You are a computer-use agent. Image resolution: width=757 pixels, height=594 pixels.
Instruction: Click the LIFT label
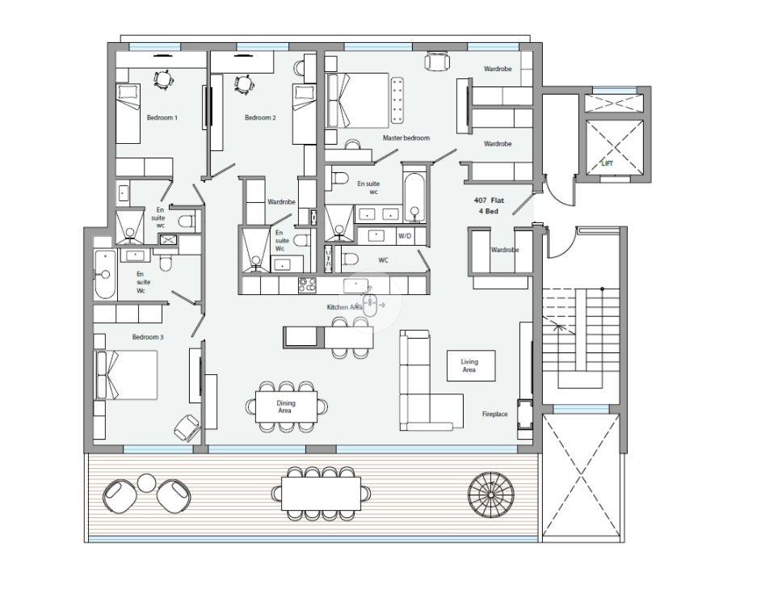(x=608, y=163)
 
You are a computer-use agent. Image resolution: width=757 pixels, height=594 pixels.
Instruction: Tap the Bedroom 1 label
(x=162, y=117)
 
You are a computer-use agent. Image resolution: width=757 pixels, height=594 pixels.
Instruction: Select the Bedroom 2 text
(x=260, y=117)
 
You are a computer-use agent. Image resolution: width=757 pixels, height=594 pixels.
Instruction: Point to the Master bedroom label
(x=406, y=137)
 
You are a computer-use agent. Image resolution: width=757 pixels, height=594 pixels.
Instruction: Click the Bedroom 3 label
(x=148, y=336)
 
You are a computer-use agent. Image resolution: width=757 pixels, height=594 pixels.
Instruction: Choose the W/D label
(x=405, y=236)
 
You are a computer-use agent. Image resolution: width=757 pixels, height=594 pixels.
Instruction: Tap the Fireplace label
(x=495, y=414)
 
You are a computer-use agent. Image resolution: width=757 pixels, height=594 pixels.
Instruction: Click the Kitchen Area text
(x=345, y=307)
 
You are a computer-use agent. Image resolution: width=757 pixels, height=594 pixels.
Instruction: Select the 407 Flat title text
(x=489, y=200)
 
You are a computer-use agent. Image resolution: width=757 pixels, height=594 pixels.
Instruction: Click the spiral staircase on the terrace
(x=491, y=495)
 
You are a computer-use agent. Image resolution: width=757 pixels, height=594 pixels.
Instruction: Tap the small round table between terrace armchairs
(x=146, y=482)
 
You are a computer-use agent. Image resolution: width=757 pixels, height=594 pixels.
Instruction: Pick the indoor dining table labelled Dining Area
(x=286, y=407)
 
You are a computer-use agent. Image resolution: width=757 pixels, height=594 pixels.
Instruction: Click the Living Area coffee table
(x=471, y=365)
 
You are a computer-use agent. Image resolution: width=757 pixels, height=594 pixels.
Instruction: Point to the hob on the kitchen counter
(x=307, y=285)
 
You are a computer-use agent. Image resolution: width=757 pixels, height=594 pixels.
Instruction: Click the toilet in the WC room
(x=350, y=259)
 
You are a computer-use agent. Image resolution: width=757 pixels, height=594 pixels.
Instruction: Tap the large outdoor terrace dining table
(x=321, y=494)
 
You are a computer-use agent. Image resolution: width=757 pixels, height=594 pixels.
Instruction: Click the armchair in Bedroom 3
(x=187, y=427)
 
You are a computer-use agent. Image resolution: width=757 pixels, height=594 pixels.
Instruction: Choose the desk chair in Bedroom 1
(x=163, y=78)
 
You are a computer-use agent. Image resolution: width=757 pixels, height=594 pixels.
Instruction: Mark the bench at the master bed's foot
(x=397, y=100)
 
